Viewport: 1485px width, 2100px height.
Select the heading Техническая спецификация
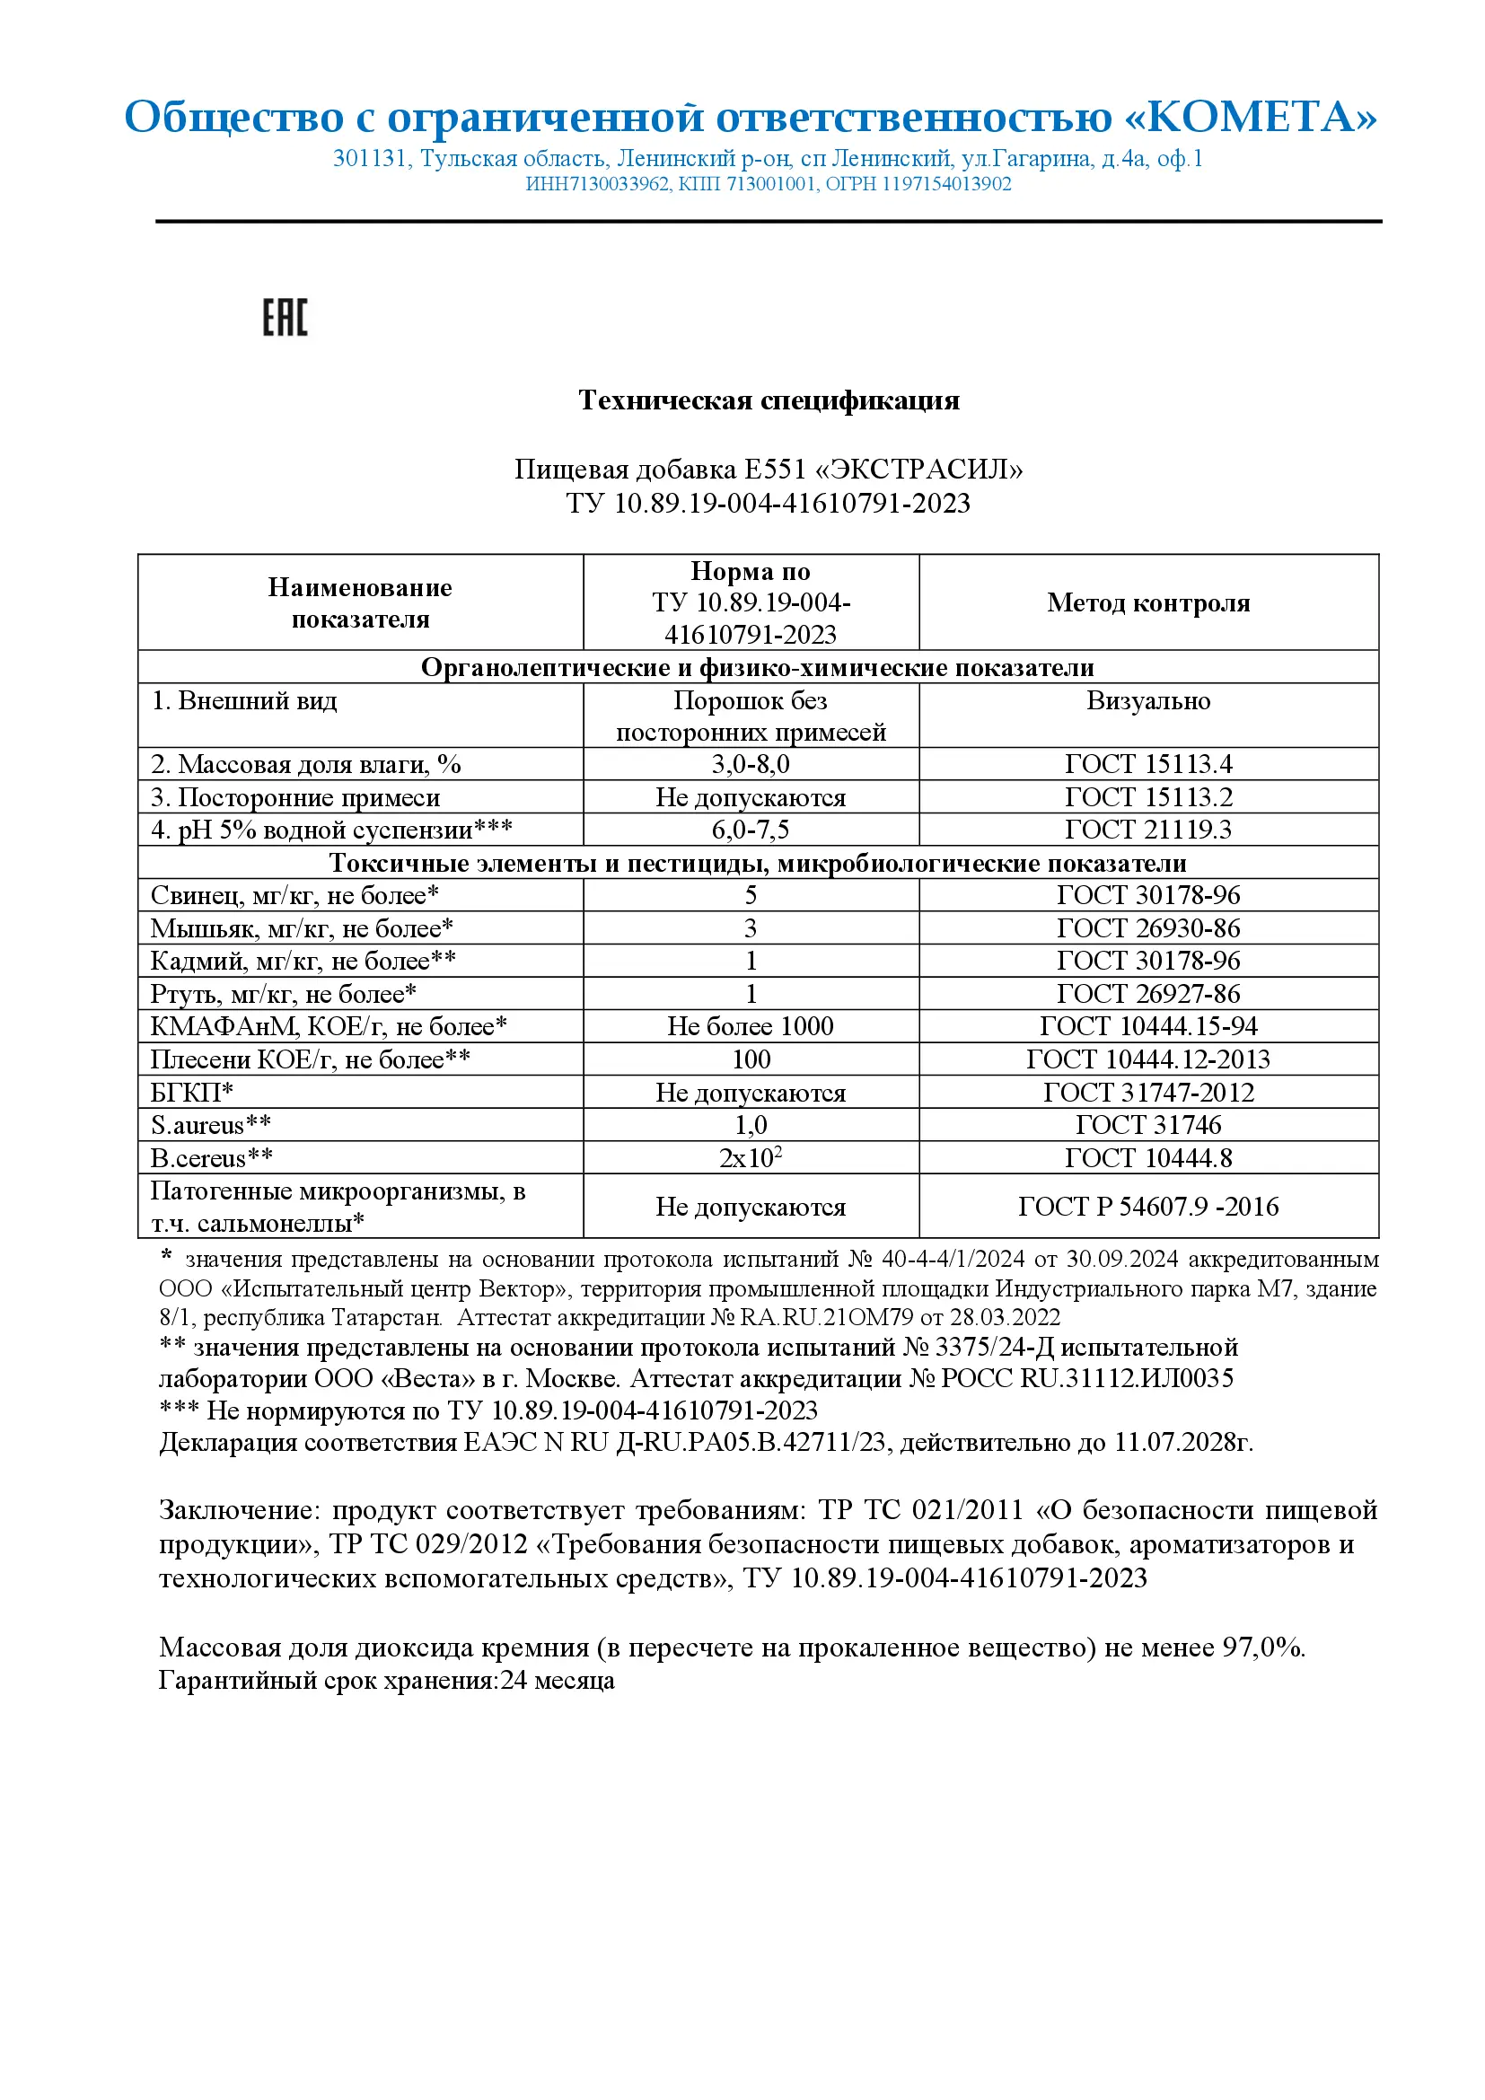pos(769,400)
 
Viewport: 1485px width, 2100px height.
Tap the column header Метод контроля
pos(1147,602)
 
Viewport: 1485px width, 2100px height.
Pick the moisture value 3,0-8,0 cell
pos(750,764)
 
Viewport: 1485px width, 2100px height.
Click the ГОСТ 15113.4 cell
pos(1147,764)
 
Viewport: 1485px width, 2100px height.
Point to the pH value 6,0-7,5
pos(750,830)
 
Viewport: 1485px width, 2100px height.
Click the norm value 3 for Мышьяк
pos(750,928)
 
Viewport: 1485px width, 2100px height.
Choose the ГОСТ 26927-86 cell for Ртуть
pos(1147,994)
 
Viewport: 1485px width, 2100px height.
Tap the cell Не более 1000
pos(750,1026)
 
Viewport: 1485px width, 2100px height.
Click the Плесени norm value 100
pos(750,1059)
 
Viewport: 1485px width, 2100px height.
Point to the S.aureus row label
pos(210,1125)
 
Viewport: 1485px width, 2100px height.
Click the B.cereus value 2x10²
pos(750,1158)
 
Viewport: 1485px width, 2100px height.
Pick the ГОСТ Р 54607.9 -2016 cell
pos(1147,1207)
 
